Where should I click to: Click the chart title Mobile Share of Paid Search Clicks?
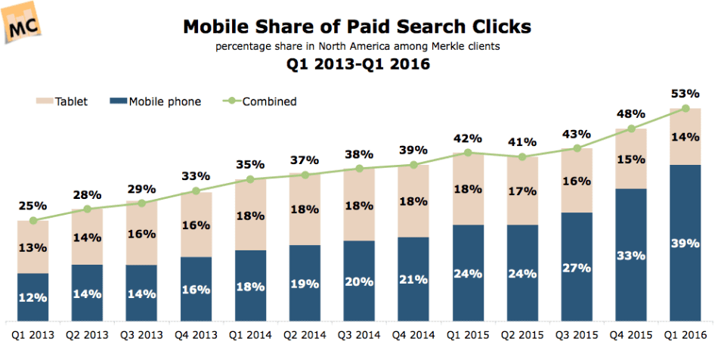click(x=356, y=27)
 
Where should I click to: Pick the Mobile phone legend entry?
click(x=154, y=101)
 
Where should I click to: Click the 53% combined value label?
click(x=686, y=93)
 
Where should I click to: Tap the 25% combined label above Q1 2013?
click(x=32, y=205)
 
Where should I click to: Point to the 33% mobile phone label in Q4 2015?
click(x=631, y=256)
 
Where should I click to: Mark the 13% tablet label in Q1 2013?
click(x=32, y=247)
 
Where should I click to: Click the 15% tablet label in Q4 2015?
click(x=631, y=159)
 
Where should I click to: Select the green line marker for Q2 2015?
click(x=522, y=157)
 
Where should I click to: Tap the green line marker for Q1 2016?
click(x=686, y=109)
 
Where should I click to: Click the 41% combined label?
click(x=522, y=141)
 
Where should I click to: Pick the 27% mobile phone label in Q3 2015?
click(x=577, y=267)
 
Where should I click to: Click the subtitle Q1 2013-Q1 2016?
click(x=357, y=64)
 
